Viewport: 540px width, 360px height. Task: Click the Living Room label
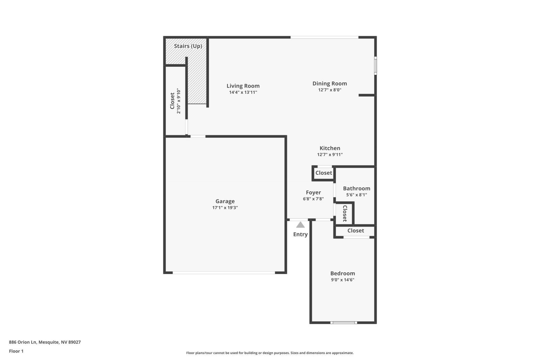point(243,86)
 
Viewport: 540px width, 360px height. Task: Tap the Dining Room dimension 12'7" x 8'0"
point(330,90)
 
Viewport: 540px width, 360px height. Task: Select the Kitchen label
point(330,148)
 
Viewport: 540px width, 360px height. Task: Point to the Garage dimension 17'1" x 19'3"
point(225,208)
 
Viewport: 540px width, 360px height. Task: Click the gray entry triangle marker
point(300,225)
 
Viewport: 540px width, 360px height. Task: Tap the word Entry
point(300,234)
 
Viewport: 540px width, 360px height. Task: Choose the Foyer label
point(313,193)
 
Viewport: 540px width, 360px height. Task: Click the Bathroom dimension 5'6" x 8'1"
point(356,195)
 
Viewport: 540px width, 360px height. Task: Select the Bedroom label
point(343,274)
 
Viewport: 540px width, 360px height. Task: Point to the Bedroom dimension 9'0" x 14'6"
point(343,280)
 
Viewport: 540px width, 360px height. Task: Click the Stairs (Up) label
point(188,46)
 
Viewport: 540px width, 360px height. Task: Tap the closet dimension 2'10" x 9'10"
point(179,101)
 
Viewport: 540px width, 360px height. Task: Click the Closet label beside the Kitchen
point(324,173)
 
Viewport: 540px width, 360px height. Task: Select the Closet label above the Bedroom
point(356,231)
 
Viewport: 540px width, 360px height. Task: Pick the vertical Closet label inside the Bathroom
point(345,213)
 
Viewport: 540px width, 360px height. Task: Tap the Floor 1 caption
point(16,351)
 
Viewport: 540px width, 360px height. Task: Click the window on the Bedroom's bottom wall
point(343,323)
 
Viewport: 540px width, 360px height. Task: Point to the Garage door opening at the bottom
point(224,272)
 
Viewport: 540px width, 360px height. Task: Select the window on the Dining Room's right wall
point(375,65)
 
